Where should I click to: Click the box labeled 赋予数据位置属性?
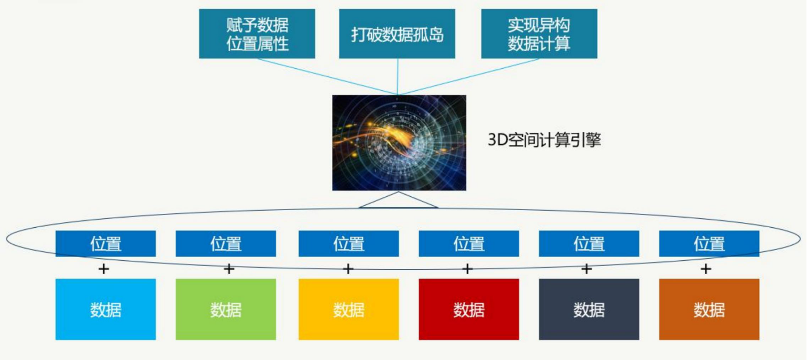coord(257,34)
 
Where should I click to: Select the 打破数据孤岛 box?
coord(397,34)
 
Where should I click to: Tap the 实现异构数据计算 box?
coord(539,34)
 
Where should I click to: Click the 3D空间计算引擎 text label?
coord(544,140)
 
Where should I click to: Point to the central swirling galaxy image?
coord(399,142)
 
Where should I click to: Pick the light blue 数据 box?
coord(106,309)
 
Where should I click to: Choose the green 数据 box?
coord(226,309)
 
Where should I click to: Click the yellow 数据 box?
coord(349,309)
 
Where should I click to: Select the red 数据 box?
coord(469,309)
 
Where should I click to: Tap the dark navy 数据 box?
coord(589,309)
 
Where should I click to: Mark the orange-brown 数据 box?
coord(709,309)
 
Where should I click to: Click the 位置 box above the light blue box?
coord(106,244)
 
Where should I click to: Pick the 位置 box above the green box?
coord(226,244)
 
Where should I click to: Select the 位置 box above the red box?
coord(469,244)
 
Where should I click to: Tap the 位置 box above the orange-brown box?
coord(709,244)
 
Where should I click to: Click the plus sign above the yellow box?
coord(348,269)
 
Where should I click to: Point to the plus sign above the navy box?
coord(586,269)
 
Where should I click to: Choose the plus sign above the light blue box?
coord(103,269)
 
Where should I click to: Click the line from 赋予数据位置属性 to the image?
coord(328,76)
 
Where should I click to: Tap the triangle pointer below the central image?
coord(399,201)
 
